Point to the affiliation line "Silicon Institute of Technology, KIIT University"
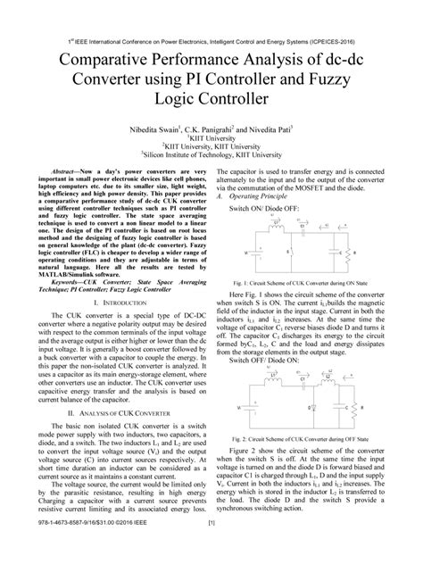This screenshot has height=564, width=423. coord(211,153)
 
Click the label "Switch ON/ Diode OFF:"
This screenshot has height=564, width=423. coord(262,207)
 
